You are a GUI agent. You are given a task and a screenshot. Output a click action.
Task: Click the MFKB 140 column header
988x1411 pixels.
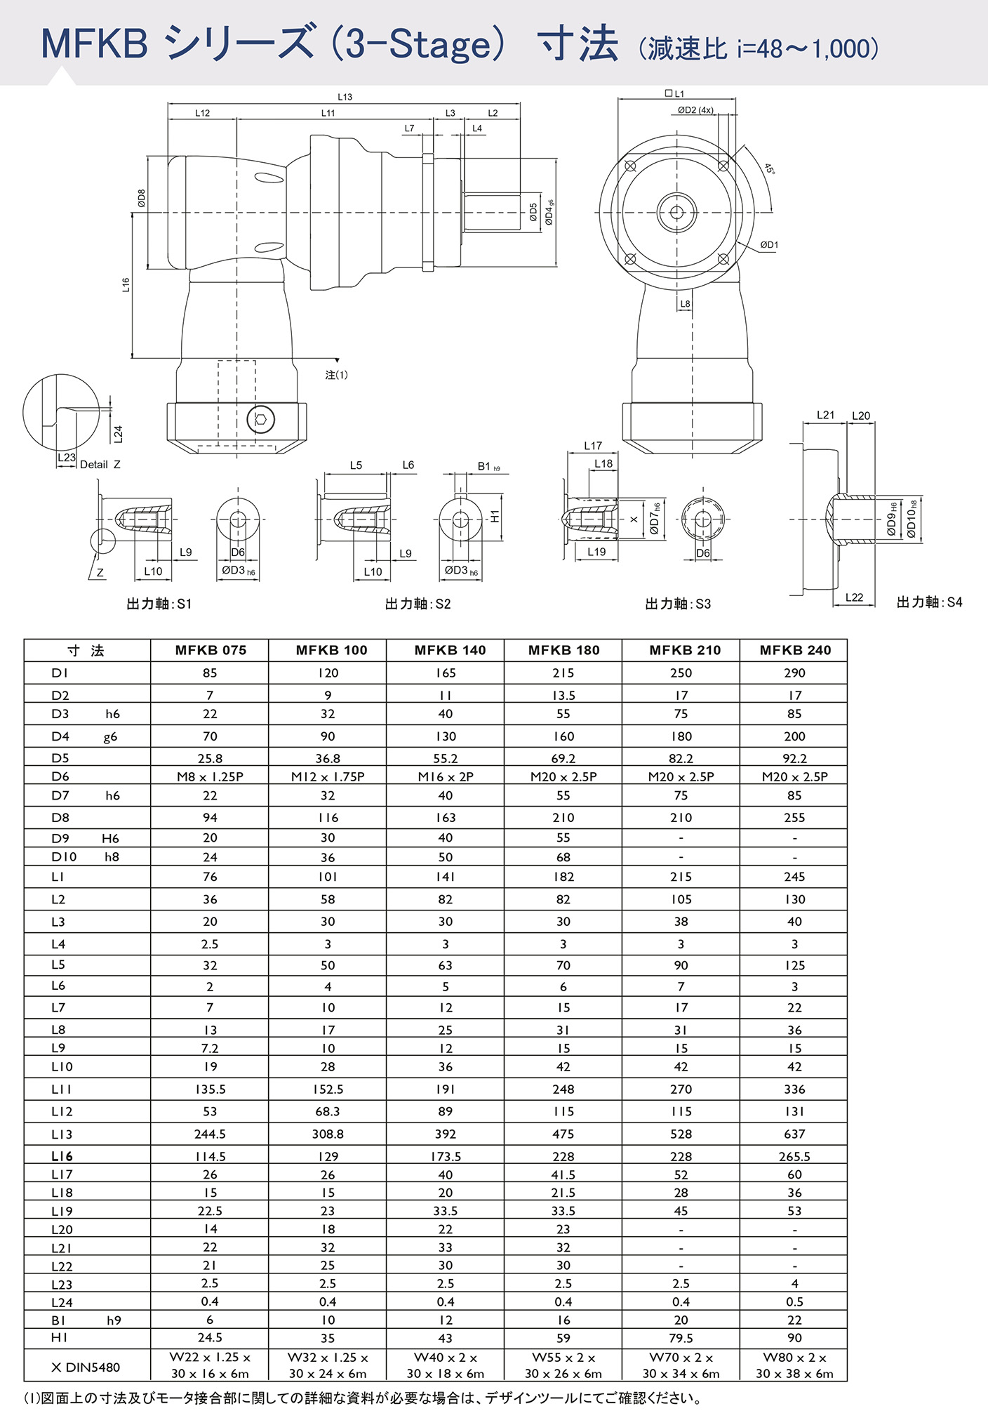(450, 650)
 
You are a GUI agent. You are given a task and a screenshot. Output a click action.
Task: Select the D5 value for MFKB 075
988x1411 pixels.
(210, 758)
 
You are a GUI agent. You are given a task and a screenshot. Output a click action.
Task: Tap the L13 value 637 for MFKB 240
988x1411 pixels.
(794, 1134)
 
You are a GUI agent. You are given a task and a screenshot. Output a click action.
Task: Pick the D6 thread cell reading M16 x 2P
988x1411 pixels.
(446, 776)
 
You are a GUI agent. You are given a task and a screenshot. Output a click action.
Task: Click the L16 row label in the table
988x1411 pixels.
(62, 1156)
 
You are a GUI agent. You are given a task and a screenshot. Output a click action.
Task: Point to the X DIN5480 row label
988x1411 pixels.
(86, 1367)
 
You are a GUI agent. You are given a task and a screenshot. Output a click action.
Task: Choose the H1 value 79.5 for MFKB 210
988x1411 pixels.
(681, 1338)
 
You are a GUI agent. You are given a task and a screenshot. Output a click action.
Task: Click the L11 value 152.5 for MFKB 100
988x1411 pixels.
(328, 1089)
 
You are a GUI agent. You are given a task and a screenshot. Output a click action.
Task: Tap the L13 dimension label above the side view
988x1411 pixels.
(345, 97)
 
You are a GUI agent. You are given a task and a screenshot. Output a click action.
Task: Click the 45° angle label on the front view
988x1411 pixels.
(770, 169)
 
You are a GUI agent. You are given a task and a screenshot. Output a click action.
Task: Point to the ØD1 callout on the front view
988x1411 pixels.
(769, 245)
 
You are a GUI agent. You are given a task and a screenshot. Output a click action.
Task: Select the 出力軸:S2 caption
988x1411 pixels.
(418, 604)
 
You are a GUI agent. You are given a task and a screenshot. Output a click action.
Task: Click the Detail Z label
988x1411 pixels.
(100, 465)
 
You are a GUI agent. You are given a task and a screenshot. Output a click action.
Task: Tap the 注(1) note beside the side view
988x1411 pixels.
(336, 375)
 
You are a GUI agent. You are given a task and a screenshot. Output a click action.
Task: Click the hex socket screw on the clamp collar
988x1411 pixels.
(260, 420)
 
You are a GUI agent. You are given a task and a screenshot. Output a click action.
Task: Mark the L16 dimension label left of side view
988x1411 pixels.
(126, 285)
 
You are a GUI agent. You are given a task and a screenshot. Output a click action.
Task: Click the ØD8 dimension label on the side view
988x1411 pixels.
(141, 199)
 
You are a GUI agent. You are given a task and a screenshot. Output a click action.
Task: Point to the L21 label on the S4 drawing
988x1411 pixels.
(825, 415)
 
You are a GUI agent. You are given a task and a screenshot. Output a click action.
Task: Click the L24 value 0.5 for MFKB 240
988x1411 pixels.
(794, 1301)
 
